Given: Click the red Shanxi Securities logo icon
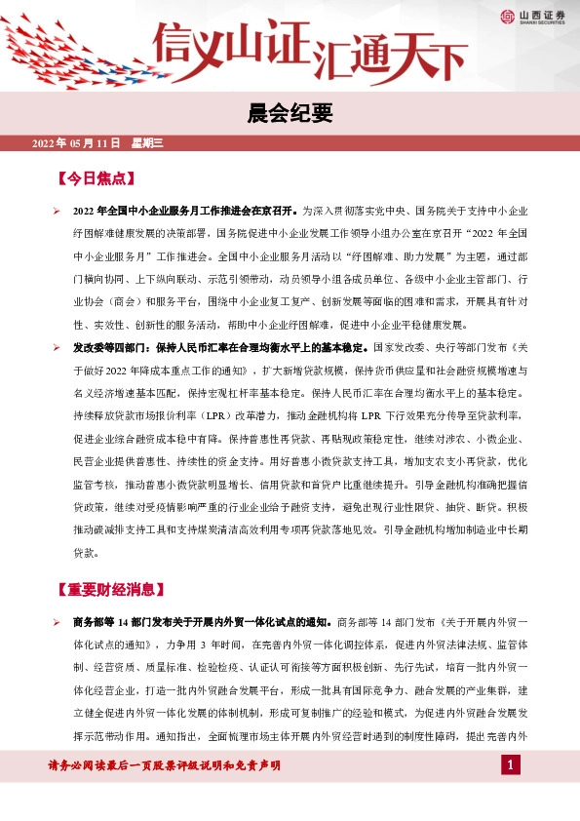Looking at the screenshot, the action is (509, 17).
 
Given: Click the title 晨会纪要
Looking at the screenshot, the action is (290, 114).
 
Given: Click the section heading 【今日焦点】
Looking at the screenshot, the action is (97, 178).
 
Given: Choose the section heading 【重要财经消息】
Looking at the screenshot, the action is (111, 590).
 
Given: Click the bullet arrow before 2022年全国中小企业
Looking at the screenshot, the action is (56, 211).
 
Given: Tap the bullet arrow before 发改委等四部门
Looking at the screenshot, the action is (56, 347).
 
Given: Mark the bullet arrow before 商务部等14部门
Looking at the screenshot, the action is (56, 622).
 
